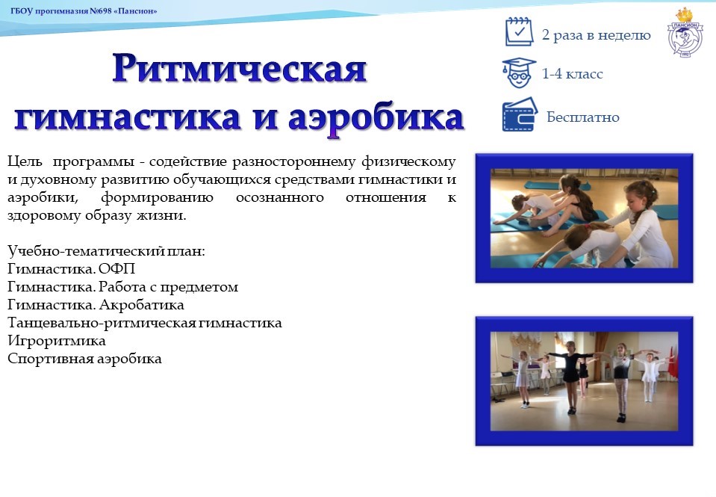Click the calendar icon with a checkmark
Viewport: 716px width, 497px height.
click(519, 31)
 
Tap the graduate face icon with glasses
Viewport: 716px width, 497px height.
click(519, 72)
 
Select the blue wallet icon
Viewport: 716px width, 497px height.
click(520, 115)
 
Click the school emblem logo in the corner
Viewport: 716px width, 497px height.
click(685, 33)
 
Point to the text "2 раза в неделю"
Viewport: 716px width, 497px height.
click(596, 34)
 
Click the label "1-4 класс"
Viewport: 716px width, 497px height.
click(572, 73)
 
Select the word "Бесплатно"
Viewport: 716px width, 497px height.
click(582, 117)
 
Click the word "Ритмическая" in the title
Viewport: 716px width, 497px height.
click(239, 69)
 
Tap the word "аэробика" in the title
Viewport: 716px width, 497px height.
click(376, 117)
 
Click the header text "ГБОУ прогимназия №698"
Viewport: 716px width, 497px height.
click(62, 11)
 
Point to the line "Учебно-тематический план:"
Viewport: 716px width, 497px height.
click(107, 251)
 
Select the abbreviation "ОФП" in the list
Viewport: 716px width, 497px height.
click(117, 269)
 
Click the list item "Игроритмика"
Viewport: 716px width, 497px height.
click(57, 341)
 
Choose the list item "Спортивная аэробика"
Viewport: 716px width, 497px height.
click(84, 359)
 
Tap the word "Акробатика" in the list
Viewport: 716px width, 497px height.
click(142, 304)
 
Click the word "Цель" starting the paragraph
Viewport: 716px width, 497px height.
click(25, 161)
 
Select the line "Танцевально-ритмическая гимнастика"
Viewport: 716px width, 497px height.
click(145, 323)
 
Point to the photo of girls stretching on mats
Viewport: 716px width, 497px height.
click(584, 218)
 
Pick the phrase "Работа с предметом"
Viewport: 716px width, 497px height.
click(169, 287)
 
